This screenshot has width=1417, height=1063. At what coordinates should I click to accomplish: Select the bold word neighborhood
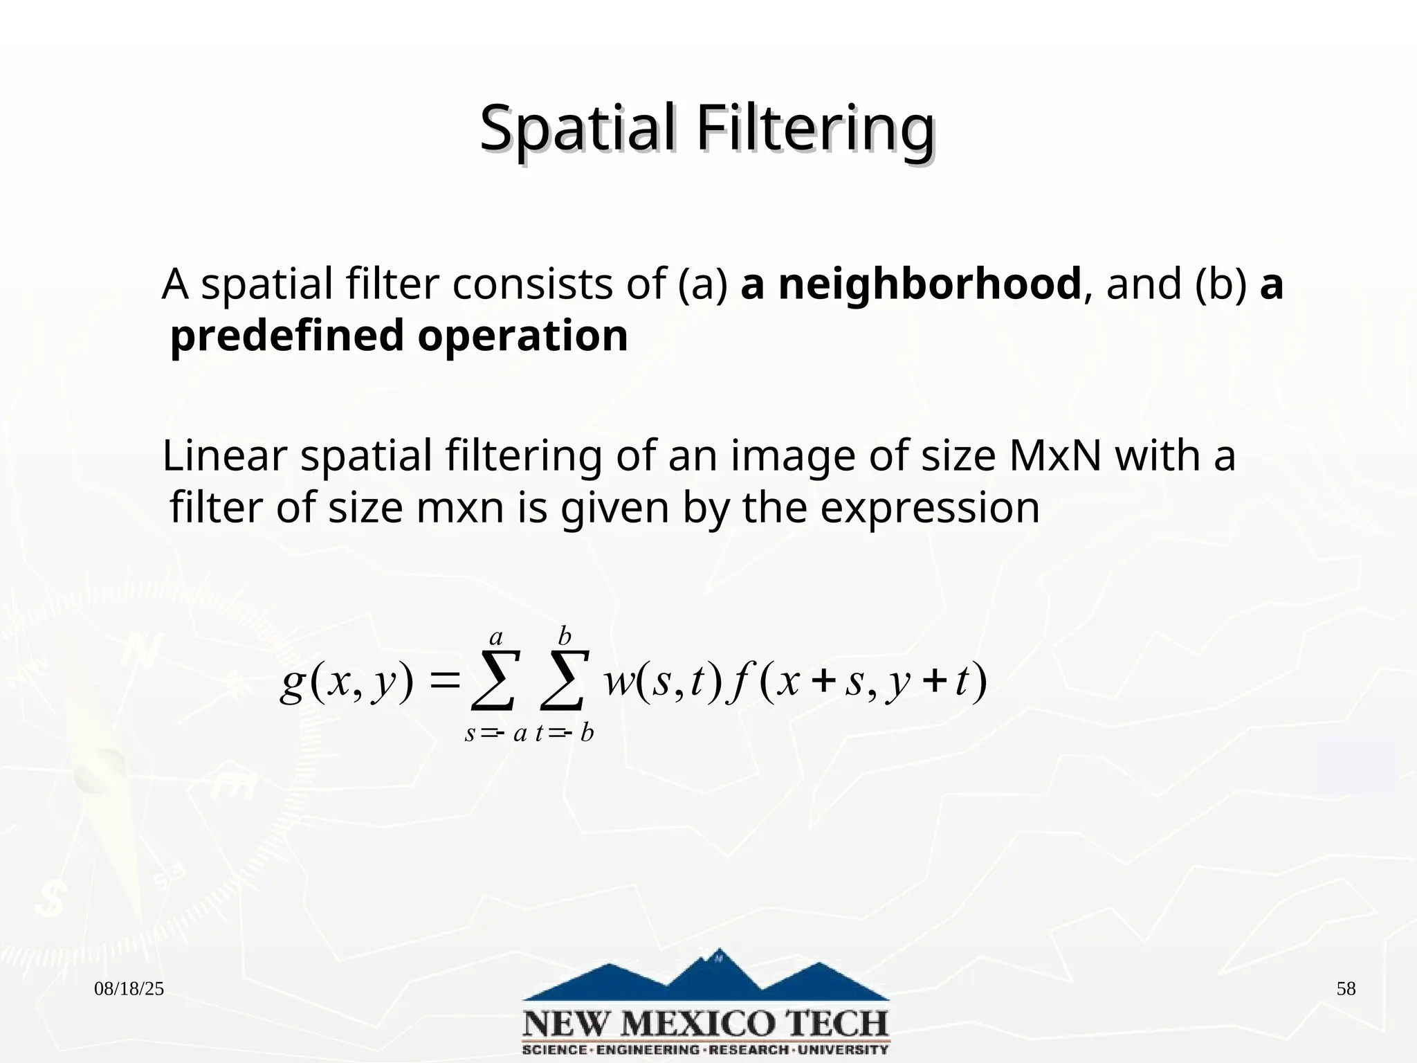910,284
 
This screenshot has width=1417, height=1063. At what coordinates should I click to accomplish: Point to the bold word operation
522,336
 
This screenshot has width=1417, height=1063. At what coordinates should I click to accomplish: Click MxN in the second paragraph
1054,457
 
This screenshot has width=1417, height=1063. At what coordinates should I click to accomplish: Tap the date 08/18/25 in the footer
129,989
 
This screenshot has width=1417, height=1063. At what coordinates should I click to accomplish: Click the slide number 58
1346,989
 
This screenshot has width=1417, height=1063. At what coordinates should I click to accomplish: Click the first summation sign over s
493,680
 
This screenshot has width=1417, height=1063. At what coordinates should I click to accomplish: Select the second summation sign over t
565,680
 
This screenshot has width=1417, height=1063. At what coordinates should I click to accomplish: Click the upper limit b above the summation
565,635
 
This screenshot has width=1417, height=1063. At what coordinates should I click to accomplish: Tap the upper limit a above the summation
495,636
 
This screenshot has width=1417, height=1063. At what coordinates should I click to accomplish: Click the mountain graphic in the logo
706,976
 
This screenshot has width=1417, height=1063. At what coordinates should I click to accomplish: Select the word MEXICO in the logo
706,1022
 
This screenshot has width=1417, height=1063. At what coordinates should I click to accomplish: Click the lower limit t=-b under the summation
565,733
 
